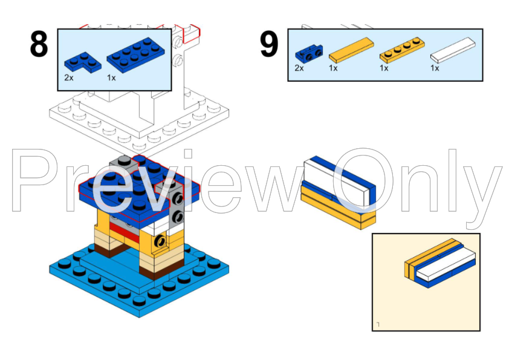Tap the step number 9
[269, 45]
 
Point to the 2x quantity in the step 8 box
[70, 78]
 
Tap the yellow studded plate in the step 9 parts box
[401, 53]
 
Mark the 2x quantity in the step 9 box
[300, 68]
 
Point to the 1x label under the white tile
[435, 68]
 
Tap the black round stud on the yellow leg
[161, 241]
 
